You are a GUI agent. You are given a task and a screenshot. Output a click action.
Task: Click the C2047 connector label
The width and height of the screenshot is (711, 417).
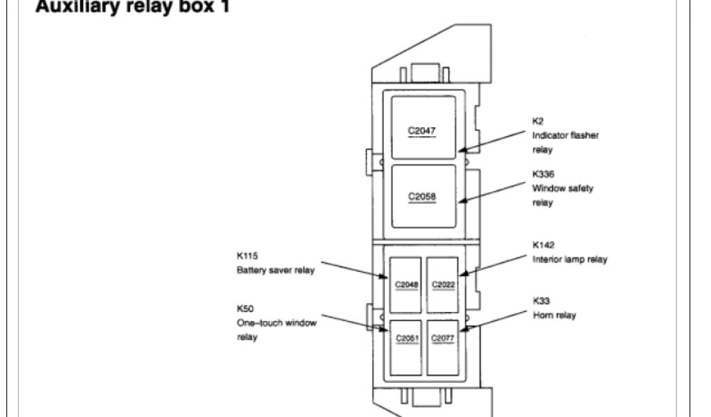[x=421, y=130]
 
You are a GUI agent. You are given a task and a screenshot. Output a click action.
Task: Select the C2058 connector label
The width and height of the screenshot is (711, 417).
[x=421, y=197]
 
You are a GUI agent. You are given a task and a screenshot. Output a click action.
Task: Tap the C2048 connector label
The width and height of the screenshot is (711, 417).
[x=406, y=284]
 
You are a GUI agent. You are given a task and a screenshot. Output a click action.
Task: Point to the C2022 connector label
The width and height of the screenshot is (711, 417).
[x=443, y=284]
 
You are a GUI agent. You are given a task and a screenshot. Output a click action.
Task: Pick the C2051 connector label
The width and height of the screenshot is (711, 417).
[x=406, y=338]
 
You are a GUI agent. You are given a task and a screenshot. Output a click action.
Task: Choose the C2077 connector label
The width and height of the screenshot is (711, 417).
[x=443, y=338]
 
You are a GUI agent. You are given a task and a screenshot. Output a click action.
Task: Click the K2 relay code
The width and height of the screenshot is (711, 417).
[x=538, y=120]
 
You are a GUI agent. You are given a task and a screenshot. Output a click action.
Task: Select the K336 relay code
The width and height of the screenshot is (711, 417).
[x=543, y=173]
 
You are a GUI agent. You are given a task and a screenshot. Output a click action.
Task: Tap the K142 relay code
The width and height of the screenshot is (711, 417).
[x=543, y=245]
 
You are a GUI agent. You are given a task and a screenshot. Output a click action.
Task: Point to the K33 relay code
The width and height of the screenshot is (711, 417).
[x=541, y=301]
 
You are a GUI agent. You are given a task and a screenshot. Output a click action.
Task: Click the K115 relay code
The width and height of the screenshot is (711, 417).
[x=247, y=256]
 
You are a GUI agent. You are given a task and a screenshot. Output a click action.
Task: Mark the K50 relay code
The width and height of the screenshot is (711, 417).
[x=244, y=308]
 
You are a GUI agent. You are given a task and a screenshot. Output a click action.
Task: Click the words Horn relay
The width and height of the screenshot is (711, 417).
[x=554, y=316]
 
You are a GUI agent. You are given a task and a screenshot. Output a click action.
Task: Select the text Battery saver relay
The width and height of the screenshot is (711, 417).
[x=276, y=270]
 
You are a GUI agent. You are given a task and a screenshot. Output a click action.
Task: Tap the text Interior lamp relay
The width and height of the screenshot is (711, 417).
[x=570, y=259]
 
